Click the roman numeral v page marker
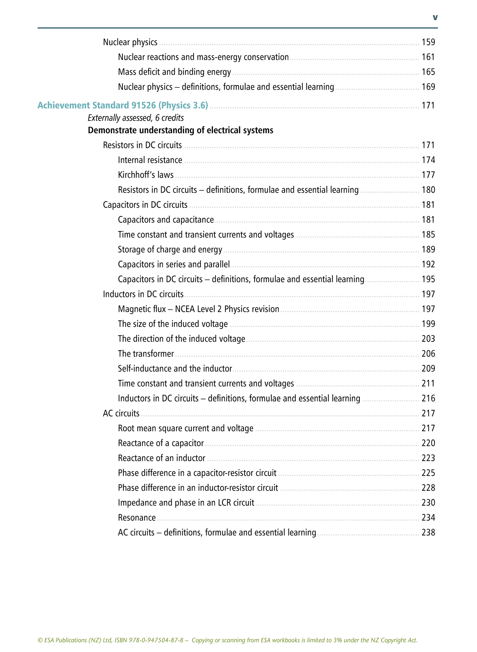click(x=435, y=17)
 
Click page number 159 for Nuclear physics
click(x=428, y=42)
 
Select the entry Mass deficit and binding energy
click(x=174, y=72)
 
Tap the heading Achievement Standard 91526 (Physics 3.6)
click(x=123, y=106)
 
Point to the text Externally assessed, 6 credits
click(x=136, y=118)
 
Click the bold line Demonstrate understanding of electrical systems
click(x=180, y=130)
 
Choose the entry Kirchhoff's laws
click(x=146, y=175)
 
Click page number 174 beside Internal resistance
click(x=428, y=160)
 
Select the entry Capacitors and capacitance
click(x=166, y=220)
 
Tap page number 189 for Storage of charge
click(x=428, y=249)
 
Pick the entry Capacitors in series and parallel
click(x=174, y=264)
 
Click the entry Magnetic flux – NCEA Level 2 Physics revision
click(x=198, y=309)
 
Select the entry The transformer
click(x=146, y=354)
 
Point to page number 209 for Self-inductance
click(x=428, y=369)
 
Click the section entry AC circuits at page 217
click(x=121, y=413)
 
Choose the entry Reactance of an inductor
click(x=161, y=458)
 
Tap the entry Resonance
click(x=137, y=518)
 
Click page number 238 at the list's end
click(x=428, y=533)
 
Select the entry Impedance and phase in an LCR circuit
click(x=186, y=503)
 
